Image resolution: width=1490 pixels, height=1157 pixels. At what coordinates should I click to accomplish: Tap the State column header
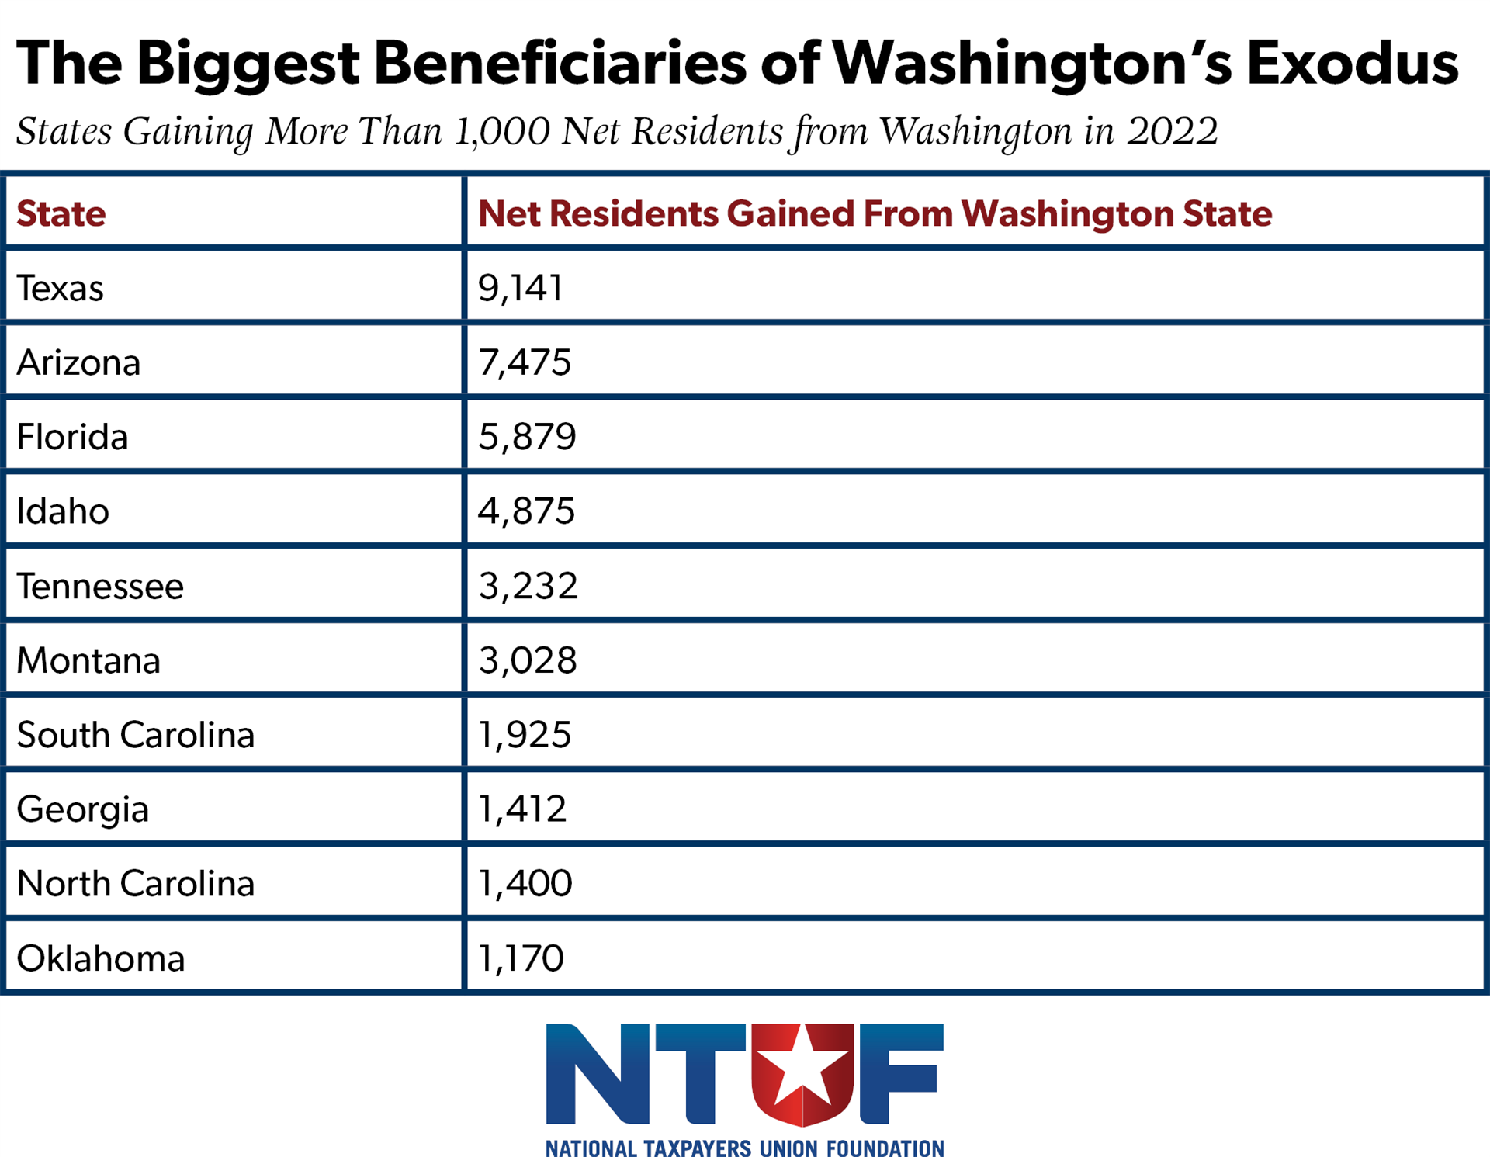(x=61, y=213)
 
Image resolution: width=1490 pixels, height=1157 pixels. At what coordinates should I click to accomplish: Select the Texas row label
(x=60, y=288)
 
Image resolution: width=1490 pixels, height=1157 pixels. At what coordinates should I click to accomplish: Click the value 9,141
(x=520, y=288)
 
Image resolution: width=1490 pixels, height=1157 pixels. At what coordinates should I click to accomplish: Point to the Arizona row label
(x=78, y=362)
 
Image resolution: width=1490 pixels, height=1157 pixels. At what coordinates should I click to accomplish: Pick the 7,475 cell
(x=525, y=362)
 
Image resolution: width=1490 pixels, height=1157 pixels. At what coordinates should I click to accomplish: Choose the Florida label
(x=72, y=437)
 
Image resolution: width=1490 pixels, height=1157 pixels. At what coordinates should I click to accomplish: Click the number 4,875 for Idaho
(x=526, y=511)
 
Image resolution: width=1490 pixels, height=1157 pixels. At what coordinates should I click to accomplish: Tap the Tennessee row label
(x=100, y=586)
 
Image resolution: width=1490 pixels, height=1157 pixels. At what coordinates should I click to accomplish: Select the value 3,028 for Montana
(x=528, y=660)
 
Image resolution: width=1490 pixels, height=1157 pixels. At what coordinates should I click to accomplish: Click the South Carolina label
(x=135, y=735)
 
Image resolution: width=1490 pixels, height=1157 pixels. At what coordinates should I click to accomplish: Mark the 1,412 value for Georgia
(x=522, y=809)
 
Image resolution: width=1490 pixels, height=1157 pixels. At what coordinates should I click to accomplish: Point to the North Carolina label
(x=135, y=883)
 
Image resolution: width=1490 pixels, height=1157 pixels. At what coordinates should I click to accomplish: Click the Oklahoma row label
(x=101, y=958)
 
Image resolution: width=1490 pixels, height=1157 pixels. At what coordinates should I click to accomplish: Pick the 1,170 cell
(x=521, y=958)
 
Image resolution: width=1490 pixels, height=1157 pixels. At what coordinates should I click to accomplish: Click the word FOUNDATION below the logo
(x=885, y=1148)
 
